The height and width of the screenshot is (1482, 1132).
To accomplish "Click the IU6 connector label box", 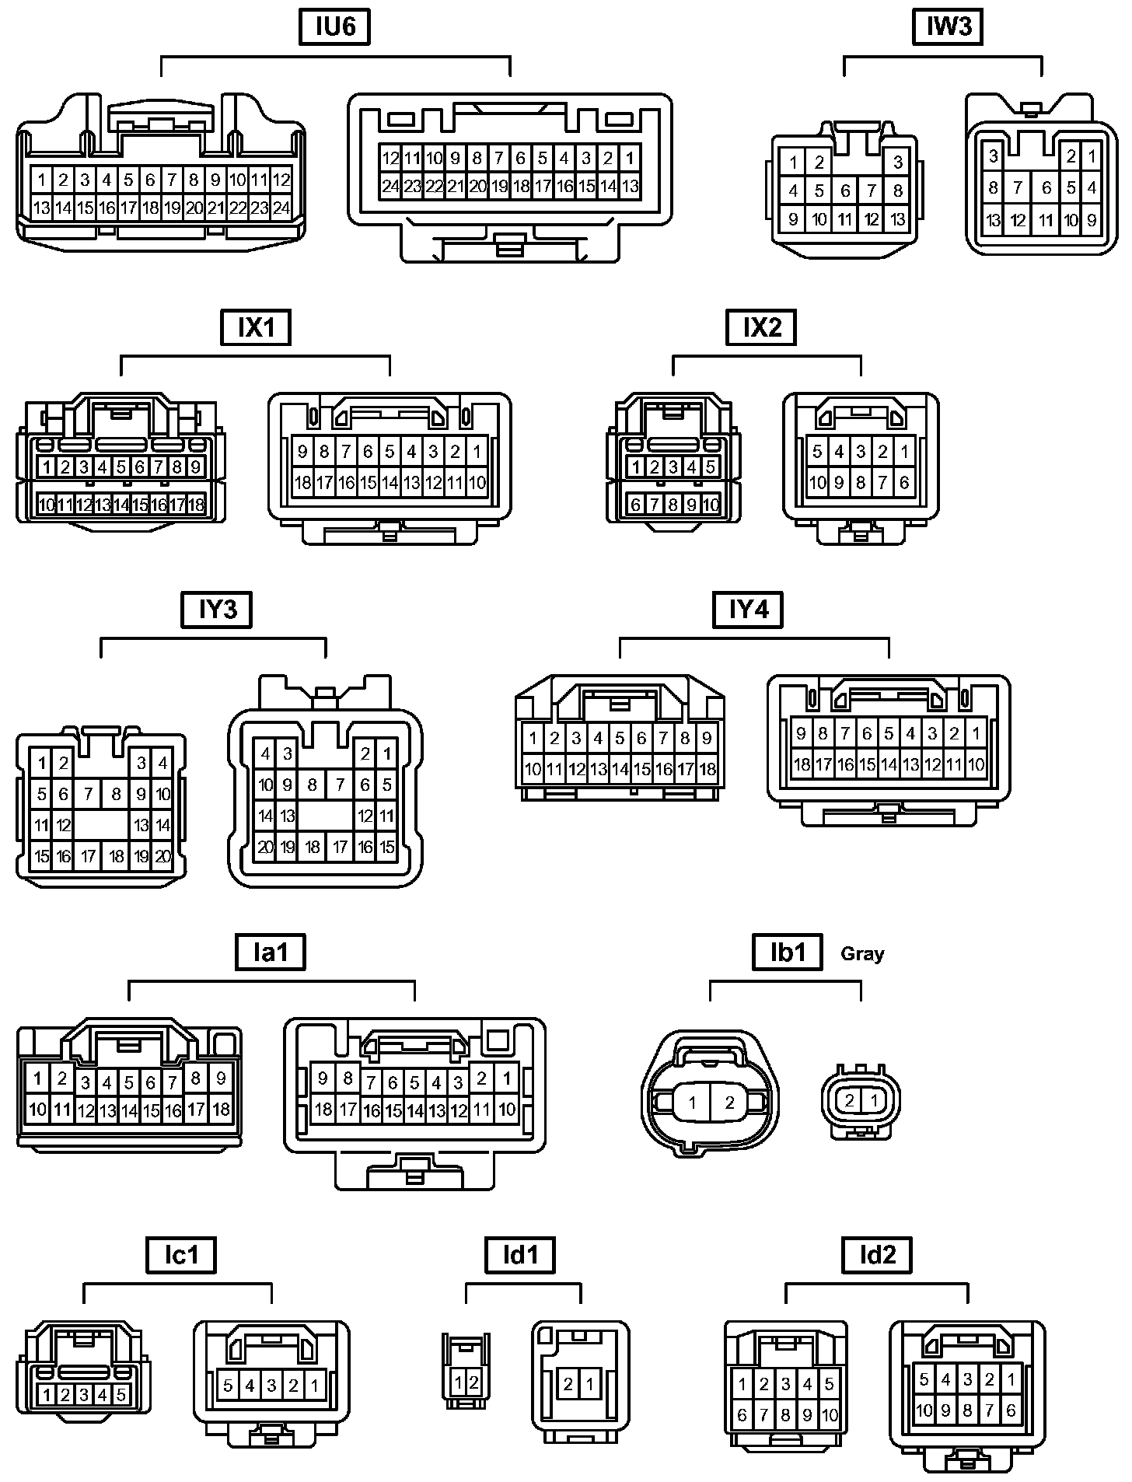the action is coord(335,27).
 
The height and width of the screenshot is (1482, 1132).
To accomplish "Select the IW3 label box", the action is coord(949,27).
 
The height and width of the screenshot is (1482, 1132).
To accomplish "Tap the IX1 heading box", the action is coord(257,327).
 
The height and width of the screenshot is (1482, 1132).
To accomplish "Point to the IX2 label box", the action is coord(762,327).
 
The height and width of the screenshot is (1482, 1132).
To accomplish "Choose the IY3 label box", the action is coord(217,610).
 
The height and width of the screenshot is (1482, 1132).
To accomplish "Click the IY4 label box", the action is coord(748,610).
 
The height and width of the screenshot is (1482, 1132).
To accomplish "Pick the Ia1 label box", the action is coord(270,952).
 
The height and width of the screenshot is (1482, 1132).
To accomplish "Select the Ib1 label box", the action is coord(788,952).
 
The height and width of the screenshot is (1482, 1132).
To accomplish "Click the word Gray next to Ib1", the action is coord(862,954).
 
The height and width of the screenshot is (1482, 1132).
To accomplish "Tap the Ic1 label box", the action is coord(181,1255).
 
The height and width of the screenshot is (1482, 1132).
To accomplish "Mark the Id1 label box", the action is coord(520,1255).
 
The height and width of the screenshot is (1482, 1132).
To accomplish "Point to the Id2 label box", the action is coord(877,1255).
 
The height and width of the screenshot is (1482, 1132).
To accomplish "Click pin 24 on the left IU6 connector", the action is coord(281,208).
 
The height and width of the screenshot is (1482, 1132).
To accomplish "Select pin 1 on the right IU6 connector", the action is coord(630,159).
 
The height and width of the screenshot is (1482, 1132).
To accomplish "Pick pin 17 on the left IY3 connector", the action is coord(89,857).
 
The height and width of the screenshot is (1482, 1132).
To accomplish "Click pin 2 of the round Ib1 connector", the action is coord(729,1102).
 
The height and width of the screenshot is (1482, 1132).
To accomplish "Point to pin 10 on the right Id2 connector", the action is coord(924,1410).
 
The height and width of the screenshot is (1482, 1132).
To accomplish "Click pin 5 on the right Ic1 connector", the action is coord(229,1386).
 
